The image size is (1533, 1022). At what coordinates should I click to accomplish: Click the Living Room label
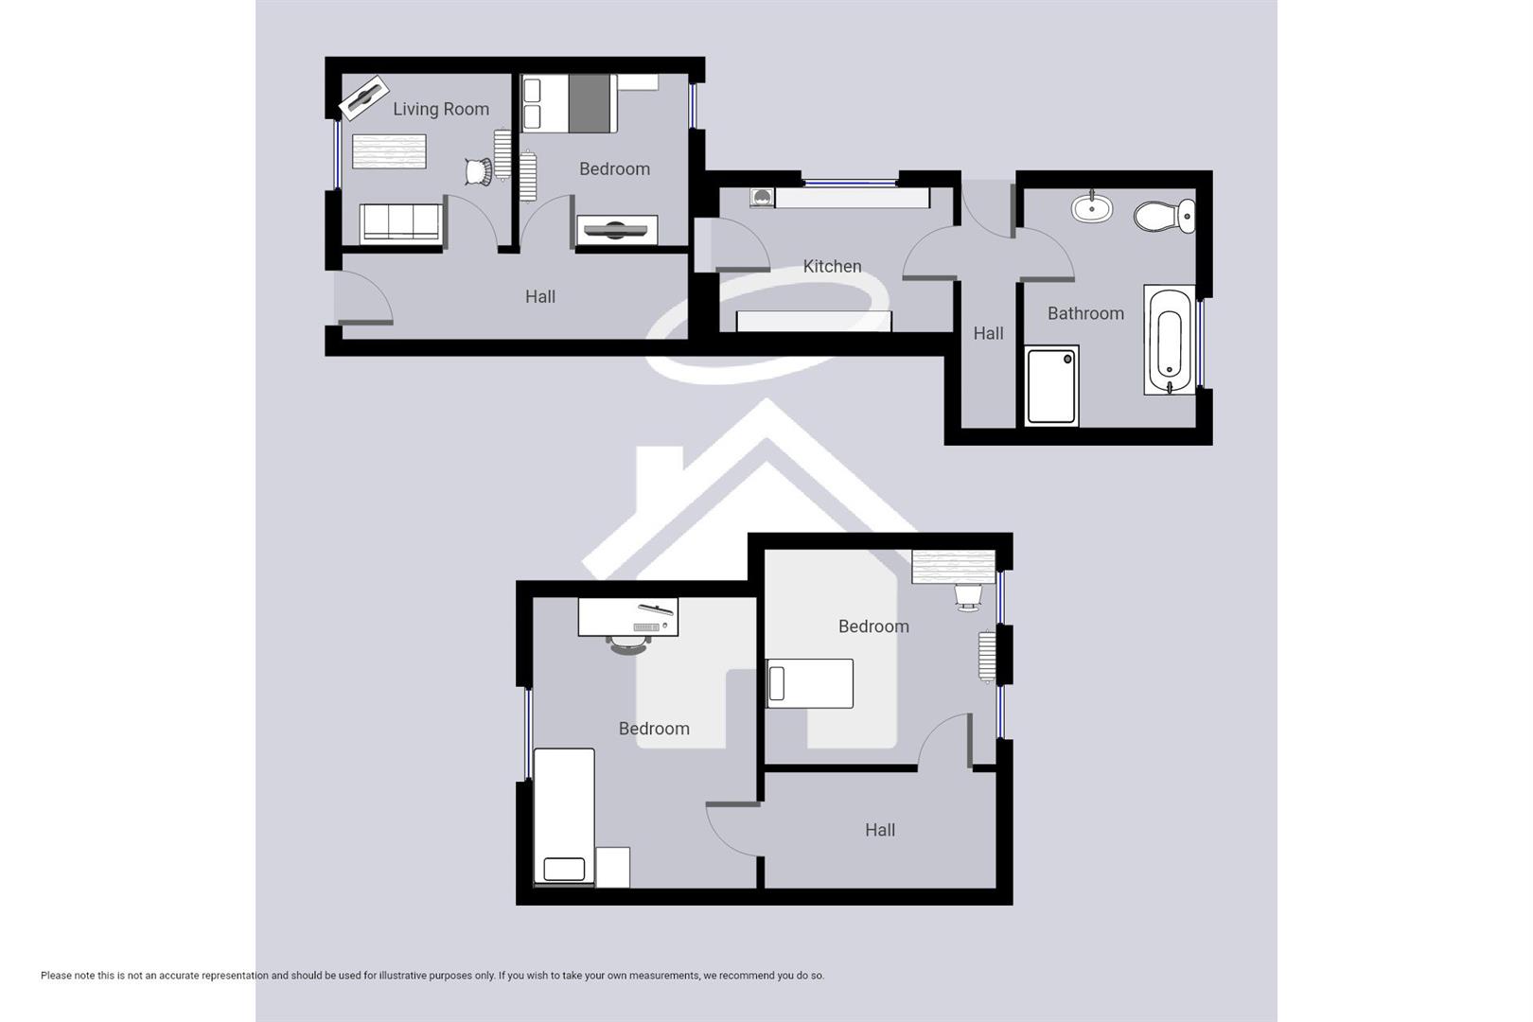441,109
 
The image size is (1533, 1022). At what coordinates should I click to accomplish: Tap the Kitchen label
832,266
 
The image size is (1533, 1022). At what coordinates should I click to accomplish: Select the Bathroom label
1085,313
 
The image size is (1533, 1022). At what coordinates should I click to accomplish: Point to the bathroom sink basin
1091,207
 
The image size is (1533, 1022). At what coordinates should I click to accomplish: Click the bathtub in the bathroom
1170,340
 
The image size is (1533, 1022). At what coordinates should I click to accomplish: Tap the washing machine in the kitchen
762,197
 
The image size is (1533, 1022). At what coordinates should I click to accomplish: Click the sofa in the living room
400,223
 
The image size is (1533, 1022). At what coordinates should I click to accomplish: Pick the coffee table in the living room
389,151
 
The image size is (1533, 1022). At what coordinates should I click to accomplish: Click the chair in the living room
478,171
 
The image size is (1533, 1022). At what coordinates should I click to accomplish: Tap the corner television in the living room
362,97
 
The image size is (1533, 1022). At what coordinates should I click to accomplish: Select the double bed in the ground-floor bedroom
568,104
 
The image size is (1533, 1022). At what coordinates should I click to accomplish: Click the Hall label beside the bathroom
988,333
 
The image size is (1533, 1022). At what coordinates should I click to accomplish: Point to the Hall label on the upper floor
879,830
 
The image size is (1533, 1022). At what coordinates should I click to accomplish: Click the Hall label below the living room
539,296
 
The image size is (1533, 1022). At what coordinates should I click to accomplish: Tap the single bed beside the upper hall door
810,683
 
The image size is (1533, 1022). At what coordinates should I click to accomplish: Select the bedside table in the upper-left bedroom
612,867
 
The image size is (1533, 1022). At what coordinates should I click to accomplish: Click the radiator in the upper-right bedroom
987,657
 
